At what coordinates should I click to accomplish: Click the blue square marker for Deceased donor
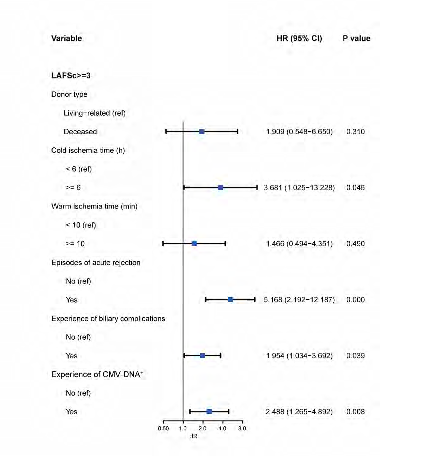pos(202,132)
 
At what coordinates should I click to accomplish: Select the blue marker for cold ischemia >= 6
pos(221,187)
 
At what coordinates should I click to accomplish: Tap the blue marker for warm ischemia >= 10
pos(194,244)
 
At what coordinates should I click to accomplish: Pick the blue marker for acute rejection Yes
pos(230,300)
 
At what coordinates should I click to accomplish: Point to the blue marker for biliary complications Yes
pos(202,356)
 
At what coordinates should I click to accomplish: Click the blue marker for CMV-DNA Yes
pos(209,412)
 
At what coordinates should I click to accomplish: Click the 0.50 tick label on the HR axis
pos(163,428)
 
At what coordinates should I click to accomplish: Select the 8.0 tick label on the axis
pos(242,428)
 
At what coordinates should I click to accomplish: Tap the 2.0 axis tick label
pos(202,428)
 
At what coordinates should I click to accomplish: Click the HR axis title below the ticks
pos(193,436)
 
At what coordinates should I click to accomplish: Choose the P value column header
pos(356,38)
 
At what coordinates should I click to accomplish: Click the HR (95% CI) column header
pos(299,38)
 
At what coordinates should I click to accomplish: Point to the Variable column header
pos(66,38)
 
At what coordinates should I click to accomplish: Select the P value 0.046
pos(355,188)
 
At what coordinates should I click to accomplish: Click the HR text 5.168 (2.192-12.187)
pos(299,300)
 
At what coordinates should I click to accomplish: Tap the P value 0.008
pos(355,412)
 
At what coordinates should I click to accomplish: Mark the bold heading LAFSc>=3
pos(71,75)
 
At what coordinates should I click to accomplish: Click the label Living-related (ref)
pos(95,113)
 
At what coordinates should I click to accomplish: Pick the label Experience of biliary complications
pos(108,319)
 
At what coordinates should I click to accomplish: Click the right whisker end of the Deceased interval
pos(237,132)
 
